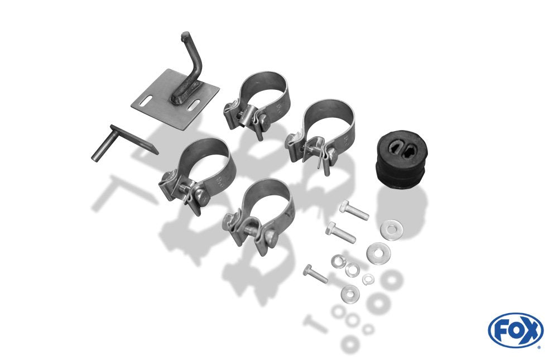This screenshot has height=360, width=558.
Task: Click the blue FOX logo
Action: point(516,330)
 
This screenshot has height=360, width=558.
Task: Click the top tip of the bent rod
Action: point(185,35)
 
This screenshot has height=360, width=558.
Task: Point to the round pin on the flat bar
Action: point(102,146)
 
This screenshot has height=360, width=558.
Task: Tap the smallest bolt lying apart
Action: point(315,273)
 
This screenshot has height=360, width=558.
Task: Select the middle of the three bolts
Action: point(340,232)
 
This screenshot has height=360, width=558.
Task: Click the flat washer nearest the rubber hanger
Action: point(392,229)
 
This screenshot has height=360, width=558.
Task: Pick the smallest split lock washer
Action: point(368,279)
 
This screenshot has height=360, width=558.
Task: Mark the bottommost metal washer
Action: point(349,293)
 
